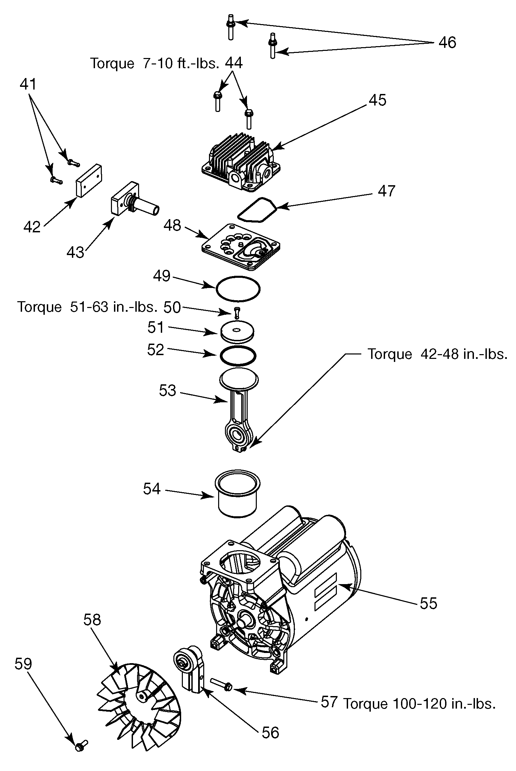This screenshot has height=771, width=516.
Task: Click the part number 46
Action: tap(447, 43)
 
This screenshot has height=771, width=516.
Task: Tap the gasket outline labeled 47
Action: tap(257, 209)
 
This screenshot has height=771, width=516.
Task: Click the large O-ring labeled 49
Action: tap(238, 289)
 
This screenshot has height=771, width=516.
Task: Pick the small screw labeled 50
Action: tap(237, 312)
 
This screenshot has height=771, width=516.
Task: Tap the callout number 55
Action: tap(428, 603)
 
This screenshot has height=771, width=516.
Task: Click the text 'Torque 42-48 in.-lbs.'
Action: tap(438, 354)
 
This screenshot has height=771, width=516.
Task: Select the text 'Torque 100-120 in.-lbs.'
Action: tap(419, 704)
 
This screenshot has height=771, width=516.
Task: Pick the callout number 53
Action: tap(168, 391)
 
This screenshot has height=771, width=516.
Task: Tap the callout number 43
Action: tap(75, 252)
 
